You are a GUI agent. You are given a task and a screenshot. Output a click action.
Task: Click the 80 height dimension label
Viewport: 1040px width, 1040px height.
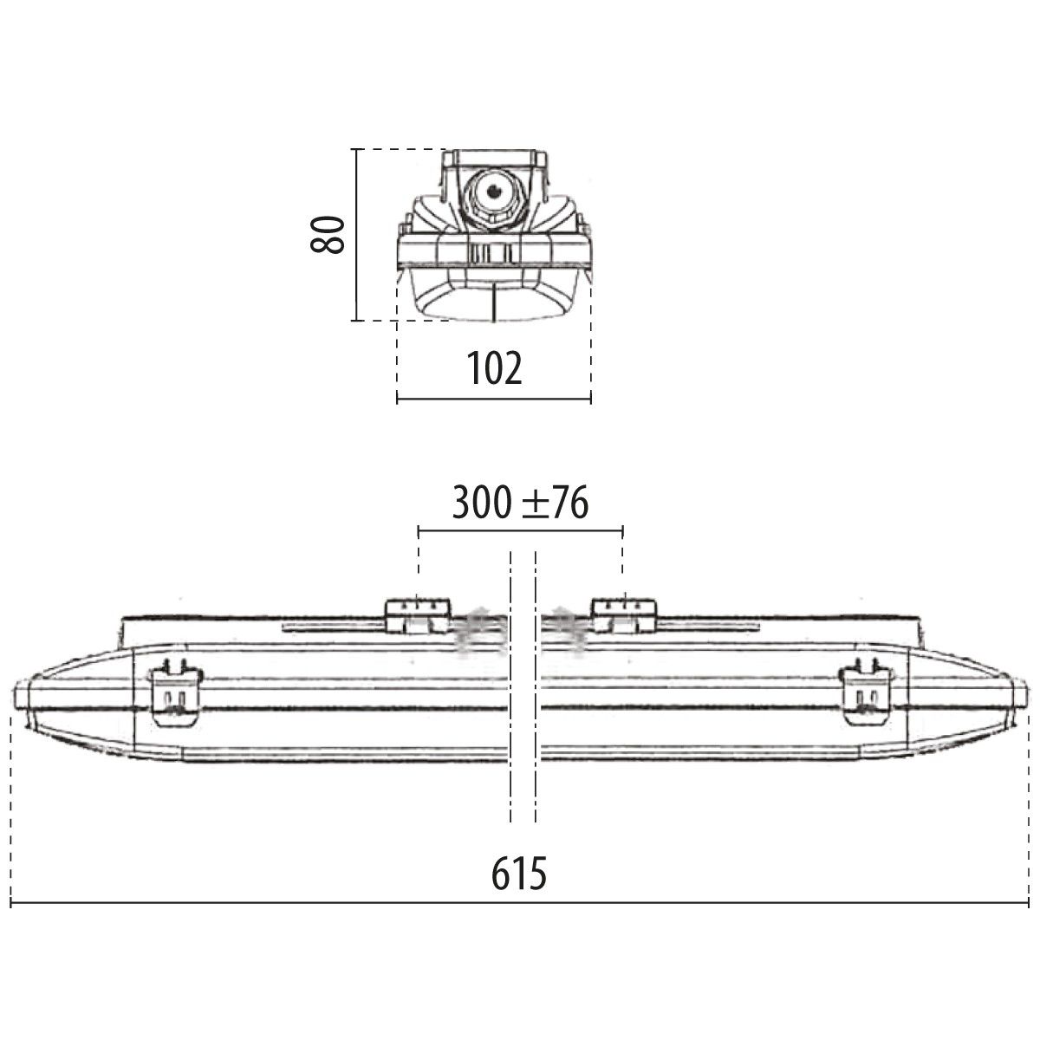click(x=328, y=234)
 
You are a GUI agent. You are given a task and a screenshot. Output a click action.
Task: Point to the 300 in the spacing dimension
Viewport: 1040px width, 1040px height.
click(x=481, y=503)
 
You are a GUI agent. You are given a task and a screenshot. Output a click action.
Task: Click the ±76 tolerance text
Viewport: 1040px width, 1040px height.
click(x=555, y=503)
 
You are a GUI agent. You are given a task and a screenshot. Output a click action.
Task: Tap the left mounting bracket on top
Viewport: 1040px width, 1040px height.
click(x=418, y=614)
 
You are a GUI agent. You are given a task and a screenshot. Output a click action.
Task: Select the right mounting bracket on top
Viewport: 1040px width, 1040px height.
click(x=623, y=614)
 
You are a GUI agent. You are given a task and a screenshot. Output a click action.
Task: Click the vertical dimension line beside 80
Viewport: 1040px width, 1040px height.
click(x=355, y=234)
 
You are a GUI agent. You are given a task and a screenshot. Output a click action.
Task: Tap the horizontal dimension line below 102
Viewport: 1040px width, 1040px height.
click(x=493, y=399)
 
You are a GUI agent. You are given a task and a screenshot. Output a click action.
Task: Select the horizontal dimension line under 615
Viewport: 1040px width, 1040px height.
click(x=519, y=904)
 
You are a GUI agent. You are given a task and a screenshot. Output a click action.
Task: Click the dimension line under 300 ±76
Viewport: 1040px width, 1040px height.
click(x=520, y=529)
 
